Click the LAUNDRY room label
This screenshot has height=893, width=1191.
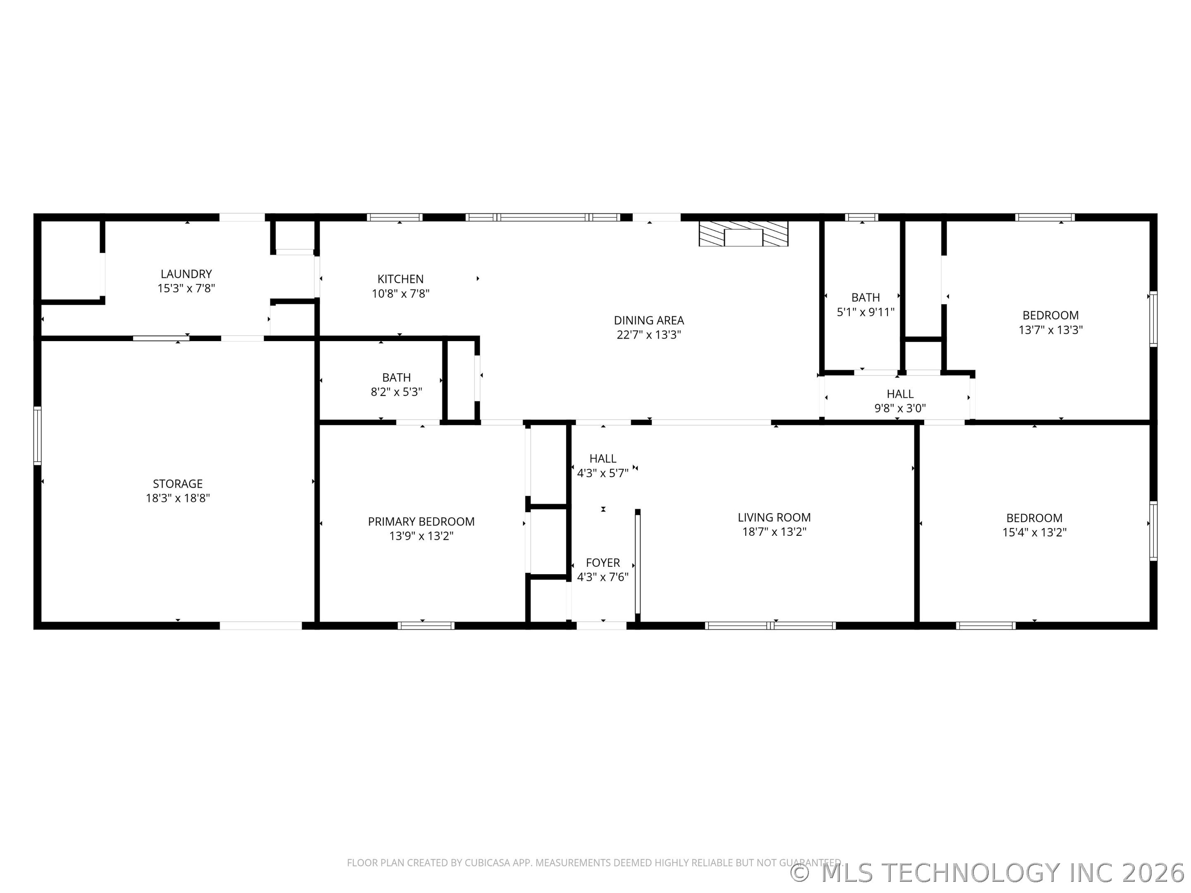(x=186, y=274)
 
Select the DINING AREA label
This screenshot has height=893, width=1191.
(x=648, y=320)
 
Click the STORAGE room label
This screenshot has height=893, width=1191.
(x=178, y=484)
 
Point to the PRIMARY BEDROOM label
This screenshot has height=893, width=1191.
(x=421, y=522)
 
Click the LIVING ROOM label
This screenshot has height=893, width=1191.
(x=774, y=517)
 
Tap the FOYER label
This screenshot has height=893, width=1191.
(x=603, y=563)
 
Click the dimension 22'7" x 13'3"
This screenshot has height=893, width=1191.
(x=648, y=335)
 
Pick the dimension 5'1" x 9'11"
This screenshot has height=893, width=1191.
(x=865, y=312)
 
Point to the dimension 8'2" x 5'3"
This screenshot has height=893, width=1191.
(x=396, y=392)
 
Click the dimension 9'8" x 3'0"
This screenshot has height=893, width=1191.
(x=900, y=408)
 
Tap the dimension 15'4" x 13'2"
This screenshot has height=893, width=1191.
(x=1034, y=532)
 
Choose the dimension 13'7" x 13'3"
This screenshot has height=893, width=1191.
(x=1050, y=330)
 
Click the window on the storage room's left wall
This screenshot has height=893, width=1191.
(x=37, y=435)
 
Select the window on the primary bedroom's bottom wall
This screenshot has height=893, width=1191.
(x=426, y=626)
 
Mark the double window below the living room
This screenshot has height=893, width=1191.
(x=770, y=626)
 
